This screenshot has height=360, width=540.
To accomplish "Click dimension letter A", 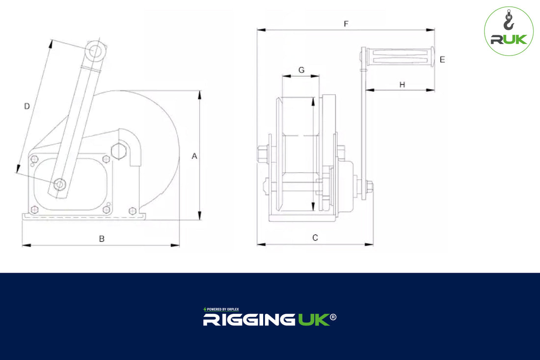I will tap(194, 156).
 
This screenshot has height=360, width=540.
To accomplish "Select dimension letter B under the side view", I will tap(102, 239).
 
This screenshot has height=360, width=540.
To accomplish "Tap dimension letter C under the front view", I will tap(315, 238).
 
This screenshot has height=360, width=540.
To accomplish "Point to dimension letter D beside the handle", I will tap(27, 106).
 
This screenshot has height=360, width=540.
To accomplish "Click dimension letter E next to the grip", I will tap(442, 59).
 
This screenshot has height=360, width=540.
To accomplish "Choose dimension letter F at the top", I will tap(346, 24).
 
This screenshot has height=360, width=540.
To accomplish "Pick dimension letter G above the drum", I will tap(301, 70).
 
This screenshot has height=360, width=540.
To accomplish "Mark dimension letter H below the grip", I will tap(402, 84).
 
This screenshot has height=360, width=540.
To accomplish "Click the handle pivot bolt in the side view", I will tap(60, 184).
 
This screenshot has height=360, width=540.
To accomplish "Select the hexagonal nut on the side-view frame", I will tap(119, 151).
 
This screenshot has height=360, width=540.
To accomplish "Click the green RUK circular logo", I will tap(509, 30).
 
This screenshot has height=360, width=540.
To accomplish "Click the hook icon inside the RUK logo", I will tap(508, 22).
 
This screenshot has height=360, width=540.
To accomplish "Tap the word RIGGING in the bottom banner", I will tap(249, 320).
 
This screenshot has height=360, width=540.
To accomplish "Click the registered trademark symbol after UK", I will tap(333, 317).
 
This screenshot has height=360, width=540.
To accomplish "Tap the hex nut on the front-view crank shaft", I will tap(369, 187).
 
